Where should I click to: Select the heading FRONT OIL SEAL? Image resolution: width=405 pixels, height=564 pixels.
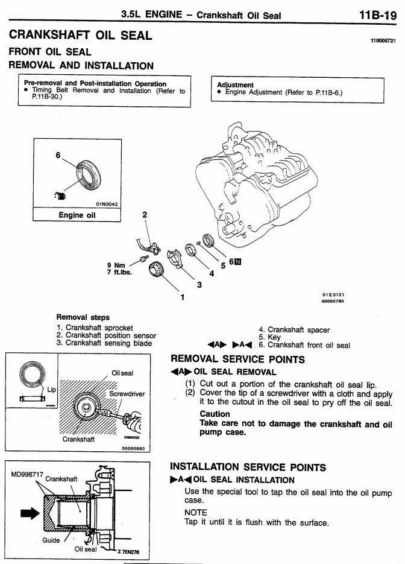49,53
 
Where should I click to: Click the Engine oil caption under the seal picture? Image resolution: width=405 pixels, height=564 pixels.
77,215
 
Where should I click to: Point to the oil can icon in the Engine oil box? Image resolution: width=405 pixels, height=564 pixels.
61,195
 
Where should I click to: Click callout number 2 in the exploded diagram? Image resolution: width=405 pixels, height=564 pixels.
145,214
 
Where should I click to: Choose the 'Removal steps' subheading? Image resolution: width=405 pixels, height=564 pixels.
82,316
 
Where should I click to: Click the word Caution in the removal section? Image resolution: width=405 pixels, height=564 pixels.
214,414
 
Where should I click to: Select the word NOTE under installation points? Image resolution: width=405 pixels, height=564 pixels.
195,512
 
